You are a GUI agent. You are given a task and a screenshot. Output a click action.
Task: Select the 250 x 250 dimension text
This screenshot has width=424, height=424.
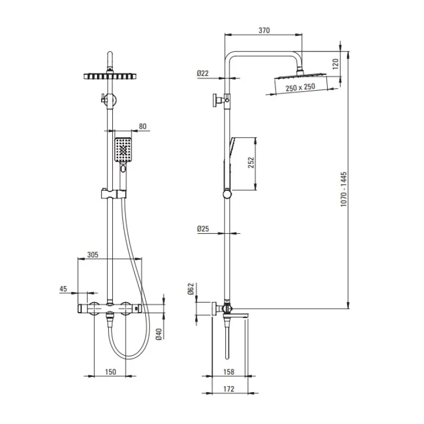coord(300,87)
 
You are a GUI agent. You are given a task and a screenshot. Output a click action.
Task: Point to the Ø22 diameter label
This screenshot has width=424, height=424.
coord(202,74)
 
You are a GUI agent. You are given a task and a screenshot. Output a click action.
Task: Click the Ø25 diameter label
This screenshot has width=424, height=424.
coord(202,229)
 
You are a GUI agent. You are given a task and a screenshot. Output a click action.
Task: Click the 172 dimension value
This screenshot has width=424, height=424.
coord(228,389)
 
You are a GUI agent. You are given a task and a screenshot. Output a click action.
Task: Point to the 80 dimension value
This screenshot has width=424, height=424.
coord(142,127)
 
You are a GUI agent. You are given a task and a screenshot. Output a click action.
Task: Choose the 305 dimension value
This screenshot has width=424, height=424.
coord(93,255)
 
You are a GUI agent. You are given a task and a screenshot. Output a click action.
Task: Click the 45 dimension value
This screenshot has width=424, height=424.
coord(64,289)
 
